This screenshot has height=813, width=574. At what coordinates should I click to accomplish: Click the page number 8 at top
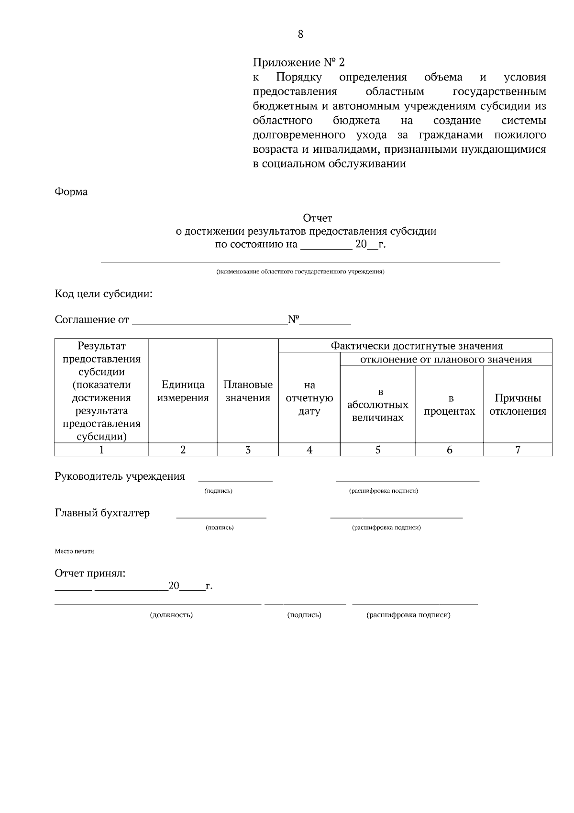point(300,34)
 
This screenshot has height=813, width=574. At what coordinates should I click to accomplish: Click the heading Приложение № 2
point(298,63)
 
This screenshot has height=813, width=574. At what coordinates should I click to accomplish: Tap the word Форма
point(71,192)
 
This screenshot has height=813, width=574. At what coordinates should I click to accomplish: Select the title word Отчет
point(318,218)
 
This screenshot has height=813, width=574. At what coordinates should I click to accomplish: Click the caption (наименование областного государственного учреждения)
point(300,272)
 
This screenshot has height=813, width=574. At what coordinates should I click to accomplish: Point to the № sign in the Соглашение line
point(293,319)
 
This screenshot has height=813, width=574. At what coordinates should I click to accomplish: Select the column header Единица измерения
point(183,391)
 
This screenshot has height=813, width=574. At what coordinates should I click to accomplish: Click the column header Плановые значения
point(248,391)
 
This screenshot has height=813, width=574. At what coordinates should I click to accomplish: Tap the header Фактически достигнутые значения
point(417,346)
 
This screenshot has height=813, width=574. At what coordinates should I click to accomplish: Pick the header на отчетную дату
point(309,398)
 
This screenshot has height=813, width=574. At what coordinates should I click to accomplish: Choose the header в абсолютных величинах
point(378,405)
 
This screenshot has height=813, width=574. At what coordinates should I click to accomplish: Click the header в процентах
point(450,405)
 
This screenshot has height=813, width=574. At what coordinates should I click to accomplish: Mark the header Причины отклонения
point(518,405)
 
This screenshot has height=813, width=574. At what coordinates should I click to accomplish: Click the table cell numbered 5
point(378,450)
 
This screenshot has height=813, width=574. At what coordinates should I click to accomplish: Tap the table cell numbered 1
point(101,450)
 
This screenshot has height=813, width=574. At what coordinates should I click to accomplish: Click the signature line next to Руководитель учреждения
point(235,479)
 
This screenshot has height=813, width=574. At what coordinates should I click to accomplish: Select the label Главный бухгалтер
point(102,513)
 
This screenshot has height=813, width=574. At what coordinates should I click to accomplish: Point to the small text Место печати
point(74,551)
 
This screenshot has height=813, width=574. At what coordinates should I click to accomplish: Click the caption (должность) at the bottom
point(171,615)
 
